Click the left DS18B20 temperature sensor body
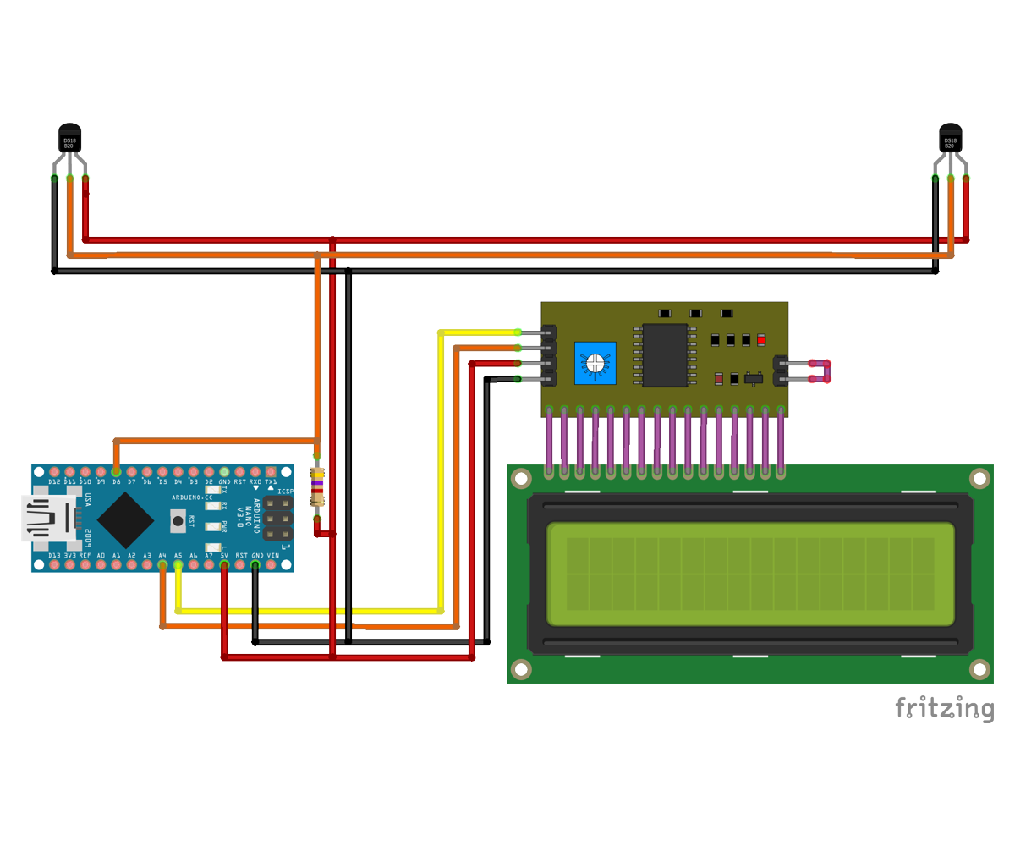[x=69, y=139]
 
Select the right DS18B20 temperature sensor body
[x=951, y=139]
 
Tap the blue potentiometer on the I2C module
[x=595, y=363]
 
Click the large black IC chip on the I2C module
[x=665, y=355]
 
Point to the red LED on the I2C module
[x=761, y=340]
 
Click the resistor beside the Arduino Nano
[x=317, y=487]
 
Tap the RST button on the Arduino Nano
[x=178, y=521]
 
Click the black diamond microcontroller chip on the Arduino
[x=125, y=519]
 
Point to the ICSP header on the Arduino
[x=277, y=518]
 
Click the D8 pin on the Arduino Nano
[x=116, y=472]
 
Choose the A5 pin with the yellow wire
[x=178, y=564]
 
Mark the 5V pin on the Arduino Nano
[x=224, y=564]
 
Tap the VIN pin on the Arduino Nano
[x=271, y=564]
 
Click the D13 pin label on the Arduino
[x=54, y=556]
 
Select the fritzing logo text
[x=945, y=708]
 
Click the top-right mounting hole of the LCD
[x=979, y=479]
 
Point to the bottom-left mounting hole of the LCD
[x=521, y=669]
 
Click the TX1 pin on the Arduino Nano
[x=271, y=472]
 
